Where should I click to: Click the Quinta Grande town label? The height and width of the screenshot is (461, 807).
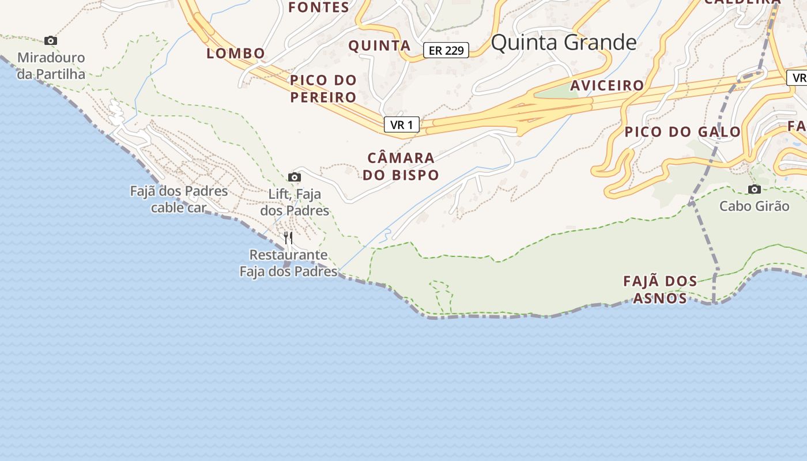564,43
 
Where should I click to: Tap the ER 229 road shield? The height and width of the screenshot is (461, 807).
446,51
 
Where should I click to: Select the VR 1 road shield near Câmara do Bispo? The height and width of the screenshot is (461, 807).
402,124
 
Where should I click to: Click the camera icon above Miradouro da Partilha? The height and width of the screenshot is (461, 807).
51,40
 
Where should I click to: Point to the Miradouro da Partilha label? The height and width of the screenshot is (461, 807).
51,66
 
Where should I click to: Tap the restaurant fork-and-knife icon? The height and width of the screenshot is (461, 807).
288,237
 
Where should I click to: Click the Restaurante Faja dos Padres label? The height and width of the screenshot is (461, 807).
288,263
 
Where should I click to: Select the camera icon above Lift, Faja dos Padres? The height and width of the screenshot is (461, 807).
295,177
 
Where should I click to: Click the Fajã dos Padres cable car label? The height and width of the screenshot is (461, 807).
179,199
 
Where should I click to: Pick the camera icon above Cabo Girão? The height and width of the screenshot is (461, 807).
754,189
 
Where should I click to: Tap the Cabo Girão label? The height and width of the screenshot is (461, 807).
754,206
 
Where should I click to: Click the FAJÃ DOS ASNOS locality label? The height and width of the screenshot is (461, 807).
660,290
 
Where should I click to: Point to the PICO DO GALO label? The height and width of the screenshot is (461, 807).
682,132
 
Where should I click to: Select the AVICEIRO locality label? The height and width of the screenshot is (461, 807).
607,86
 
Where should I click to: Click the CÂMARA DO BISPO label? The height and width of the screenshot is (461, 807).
401,167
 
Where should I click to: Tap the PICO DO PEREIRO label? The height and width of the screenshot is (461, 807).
323,89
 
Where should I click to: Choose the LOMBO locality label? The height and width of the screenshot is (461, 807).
236,54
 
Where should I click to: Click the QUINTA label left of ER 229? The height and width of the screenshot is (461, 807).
380,46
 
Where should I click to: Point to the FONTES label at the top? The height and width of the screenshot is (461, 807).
319,7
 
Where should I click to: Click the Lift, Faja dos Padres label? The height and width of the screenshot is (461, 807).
295,202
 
